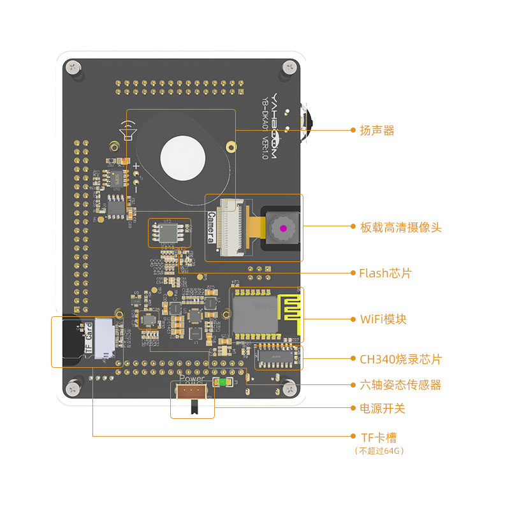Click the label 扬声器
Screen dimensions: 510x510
coord(377,131)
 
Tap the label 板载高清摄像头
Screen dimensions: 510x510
coord(400,227)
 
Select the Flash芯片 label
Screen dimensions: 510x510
coord(385,273)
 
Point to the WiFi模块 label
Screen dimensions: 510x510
coord(382,319)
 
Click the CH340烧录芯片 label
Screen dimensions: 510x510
coord(400,360)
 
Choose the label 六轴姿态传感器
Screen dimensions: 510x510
coord(400,385)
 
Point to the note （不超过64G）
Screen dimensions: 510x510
coord(379,451)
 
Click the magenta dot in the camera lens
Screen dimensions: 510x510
coord(282,228)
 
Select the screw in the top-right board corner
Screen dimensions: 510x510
coord(291,66)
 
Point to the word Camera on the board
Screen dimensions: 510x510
coord(211,228)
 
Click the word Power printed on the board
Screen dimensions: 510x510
coord(193,378)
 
